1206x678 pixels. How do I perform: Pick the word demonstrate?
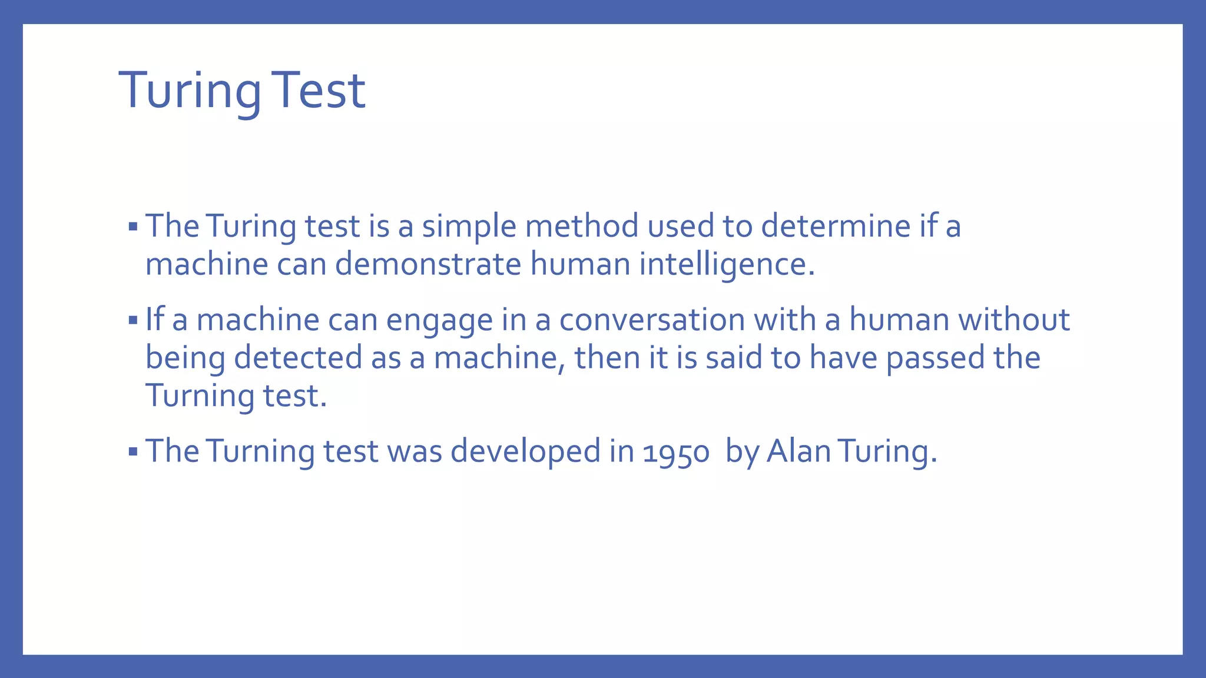coord(428,264)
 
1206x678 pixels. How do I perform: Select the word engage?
coord(439,321)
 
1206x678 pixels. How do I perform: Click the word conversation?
coord(652,320)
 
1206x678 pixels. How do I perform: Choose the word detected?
coord(297,358)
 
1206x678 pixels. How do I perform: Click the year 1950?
coord(676,453)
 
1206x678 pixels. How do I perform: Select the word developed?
coord(525,453)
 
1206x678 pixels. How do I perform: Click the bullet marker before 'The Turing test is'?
coord(132,227)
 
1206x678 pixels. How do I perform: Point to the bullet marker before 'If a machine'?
coord(132,321)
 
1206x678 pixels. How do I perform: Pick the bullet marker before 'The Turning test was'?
coord(132,452)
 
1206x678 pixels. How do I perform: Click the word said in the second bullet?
coord(734,358)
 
